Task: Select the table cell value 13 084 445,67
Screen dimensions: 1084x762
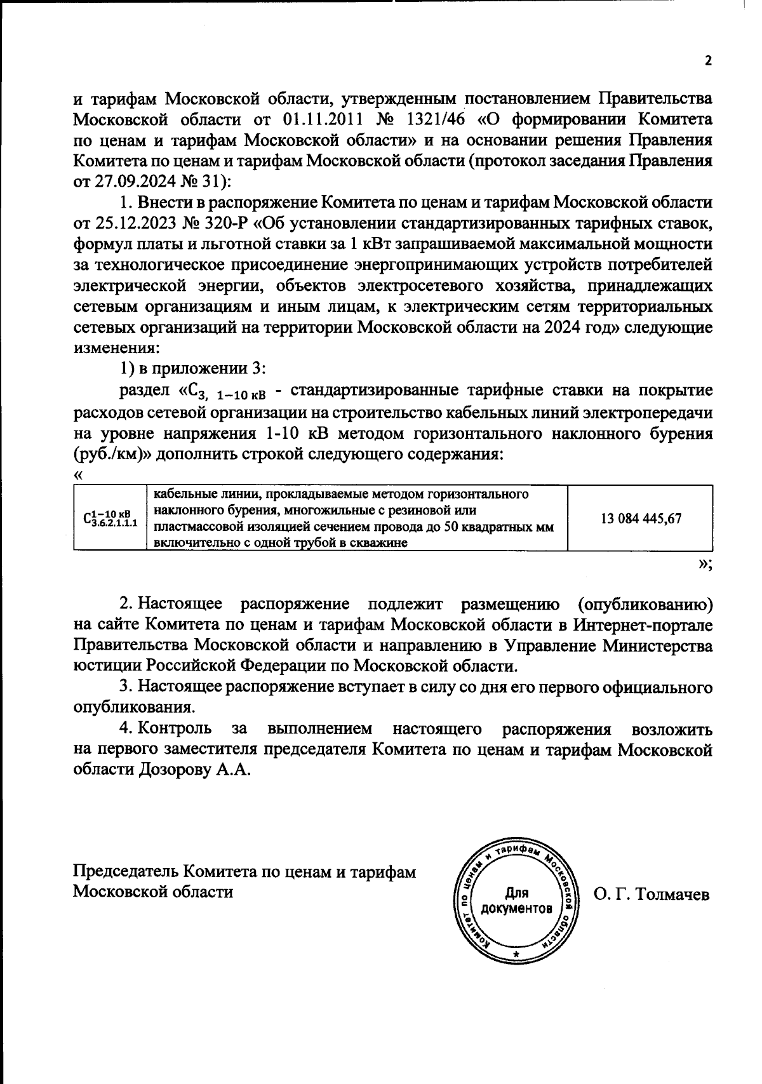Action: pyautogui.click(x=641, y=518)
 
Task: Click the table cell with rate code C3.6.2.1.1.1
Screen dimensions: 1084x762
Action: pyautogui.click(x=109, y=518)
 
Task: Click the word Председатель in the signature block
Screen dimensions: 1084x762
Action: pyautogui.click(x=126, y=871)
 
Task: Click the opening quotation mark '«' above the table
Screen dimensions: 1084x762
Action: pyautogui.click(x=77, y=475)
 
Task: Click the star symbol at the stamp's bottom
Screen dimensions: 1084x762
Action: pyautogui.click(x=516, y=956)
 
